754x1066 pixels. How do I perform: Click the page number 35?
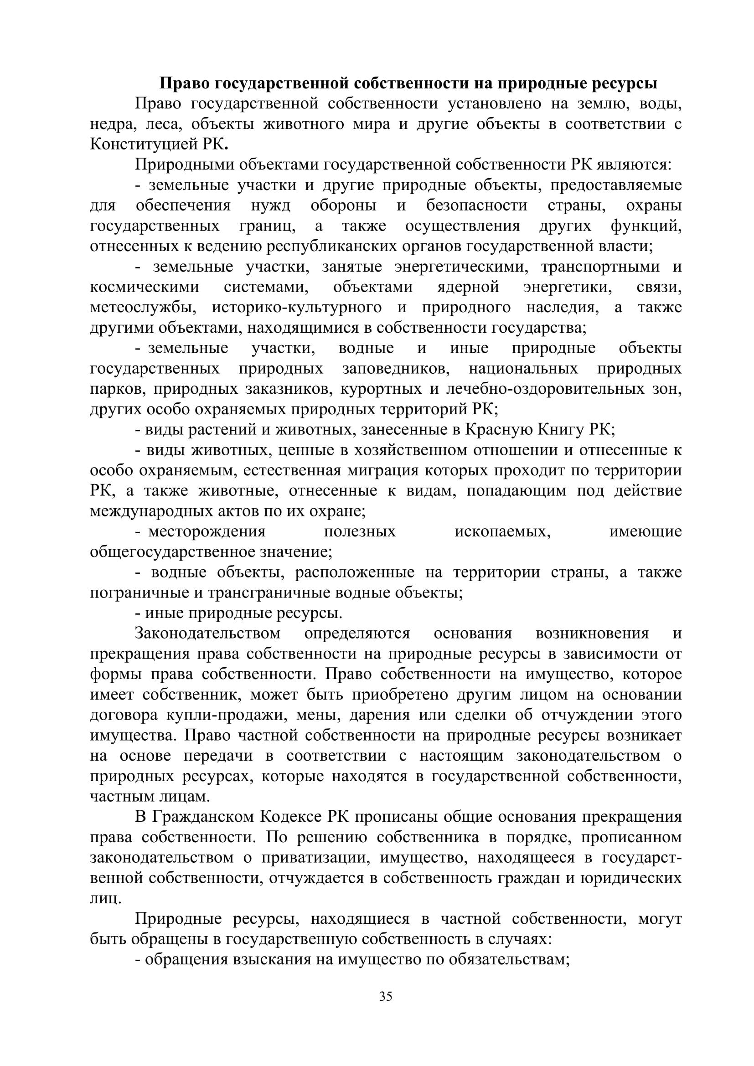(x=386, y=997)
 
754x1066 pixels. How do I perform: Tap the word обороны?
(x=343, y=206)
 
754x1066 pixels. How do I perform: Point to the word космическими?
(x=145, y=288)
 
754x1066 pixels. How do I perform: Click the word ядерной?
(x=468, y=288)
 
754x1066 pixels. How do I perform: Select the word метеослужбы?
(x=143, y=308)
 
